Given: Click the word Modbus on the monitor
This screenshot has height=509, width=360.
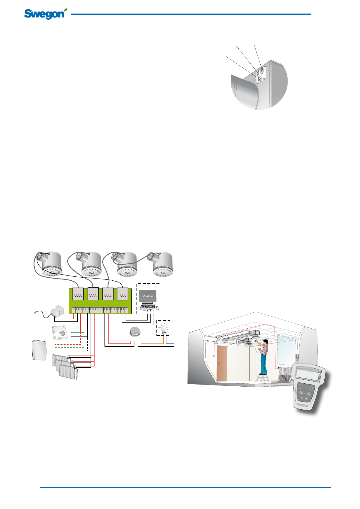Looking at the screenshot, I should point(148,296).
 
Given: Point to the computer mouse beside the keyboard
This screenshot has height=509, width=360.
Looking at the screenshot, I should point(157,308).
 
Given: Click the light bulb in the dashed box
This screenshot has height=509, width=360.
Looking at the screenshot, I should point(163,328).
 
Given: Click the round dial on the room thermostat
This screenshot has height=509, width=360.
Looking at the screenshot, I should point(63,333).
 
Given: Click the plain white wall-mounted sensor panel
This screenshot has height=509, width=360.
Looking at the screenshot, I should point(39,350).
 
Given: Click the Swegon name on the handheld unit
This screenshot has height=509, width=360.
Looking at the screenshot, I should point(302,405).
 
